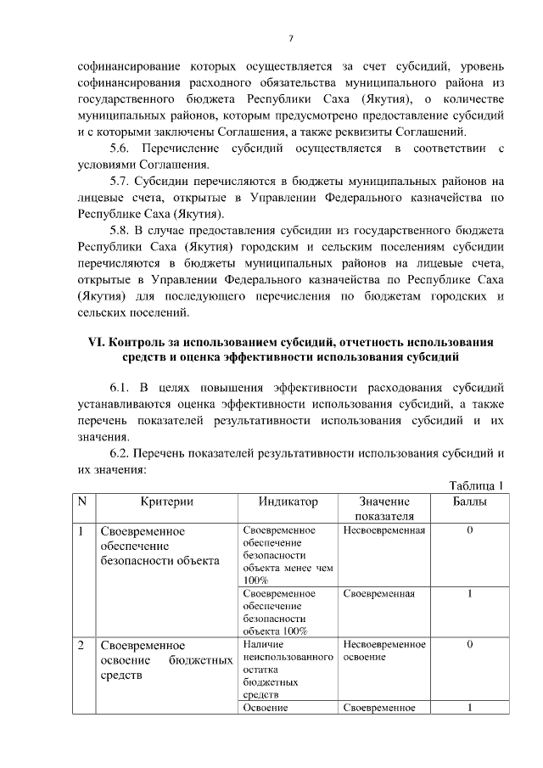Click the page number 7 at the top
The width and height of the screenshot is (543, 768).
(290, 37)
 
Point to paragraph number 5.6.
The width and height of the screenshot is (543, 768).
(126, 149)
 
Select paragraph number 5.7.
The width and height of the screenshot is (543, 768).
(126, 181)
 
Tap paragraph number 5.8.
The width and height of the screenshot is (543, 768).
(126, 230)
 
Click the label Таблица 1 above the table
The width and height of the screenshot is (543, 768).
(475, 485)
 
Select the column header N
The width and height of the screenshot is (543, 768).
(82, 502)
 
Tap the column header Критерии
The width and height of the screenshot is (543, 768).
(166, 502)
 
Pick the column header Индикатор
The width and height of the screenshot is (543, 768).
(288, 502)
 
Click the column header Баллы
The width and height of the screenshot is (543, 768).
(469, 502)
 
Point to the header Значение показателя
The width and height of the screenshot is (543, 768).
(384, 508)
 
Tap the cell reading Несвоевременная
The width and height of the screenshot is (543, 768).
(384, 530)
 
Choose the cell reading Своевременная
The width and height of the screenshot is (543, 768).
(379, 593)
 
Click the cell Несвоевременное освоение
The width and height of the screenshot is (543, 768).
(384, 651)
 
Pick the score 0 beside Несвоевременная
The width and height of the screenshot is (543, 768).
(469, 530)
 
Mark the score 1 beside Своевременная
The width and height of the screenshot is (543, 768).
(469, 593)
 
